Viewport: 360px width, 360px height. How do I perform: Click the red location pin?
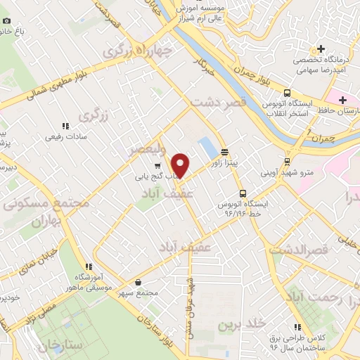(x=181, y=164)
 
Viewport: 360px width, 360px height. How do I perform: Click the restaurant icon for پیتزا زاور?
(x=225, y=150)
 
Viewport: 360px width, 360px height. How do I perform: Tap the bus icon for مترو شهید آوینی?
(x=287, y=159)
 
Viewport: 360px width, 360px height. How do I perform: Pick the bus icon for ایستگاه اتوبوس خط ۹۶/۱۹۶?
(x=243, y=193)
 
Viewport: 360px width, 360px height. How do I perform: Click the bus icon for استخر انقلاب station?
(x=287, y=93)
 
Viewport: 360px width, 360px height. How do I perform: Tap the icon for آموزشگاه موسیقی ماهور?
(x=89, y=266)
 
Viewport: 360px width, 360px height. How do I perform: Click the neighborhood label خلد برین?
(x=242, y=324)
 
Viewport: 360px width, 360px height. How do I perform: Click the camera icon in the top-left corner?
(x=6, y=20)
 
